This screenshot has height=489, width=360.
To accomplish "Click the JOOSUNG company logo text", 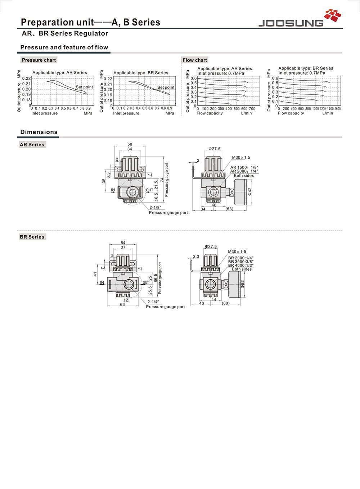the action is click(x=291, y=23).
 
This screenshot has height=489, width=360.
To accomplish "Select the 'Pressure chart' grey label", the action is click(x=39, y=60).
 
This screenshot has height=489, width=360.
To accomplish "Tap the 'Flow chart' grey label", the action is click(x=195, y=60).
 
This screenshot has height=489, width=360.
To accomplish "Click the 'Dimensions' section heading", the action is click(x=39, y=132).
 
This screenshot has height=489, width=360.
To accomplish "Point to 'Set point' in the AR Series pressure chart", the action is click(x=84, y=87).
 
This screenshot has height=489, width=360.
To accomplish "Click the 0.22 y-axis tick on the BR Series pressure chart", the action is click(x=108, y=79).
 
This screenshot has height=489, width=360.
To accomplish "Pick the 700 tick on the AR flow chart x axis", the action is click(x=252, y=108).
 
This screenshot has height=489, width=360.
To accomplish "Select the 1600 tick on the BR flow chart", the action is click(x=337, y=108).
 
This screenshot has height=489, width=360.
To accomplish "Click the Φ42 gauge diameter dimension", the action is click(x=250, y=191).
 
